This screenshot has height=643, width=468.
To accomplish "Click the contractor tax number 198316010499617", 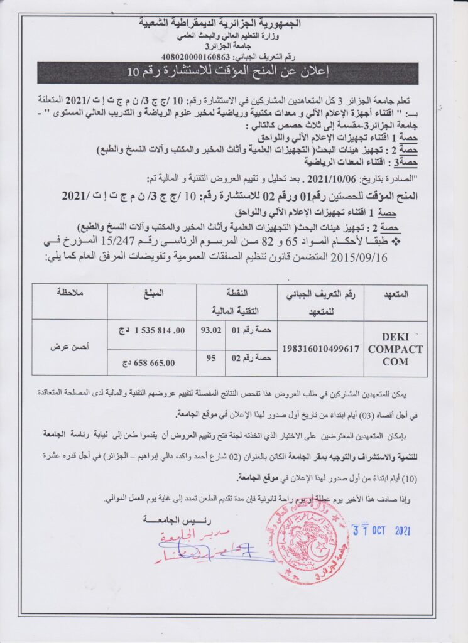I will (321, 349).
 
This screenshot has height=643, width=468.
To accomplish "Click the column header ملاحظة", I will (69, 293).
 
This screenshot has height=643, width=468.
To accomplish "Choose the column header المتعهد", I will (395, 294).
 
